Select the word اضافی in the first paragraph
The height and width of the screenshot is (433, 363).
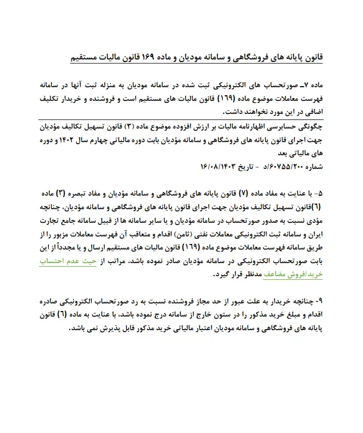coord(310,112)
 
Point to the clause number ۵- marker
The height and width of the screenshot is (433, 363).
coord(316,194)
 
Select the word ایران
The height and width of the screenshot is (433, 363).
coord(311,234)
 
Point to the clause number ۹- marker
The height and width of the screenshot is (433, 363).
coord(316,302)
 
